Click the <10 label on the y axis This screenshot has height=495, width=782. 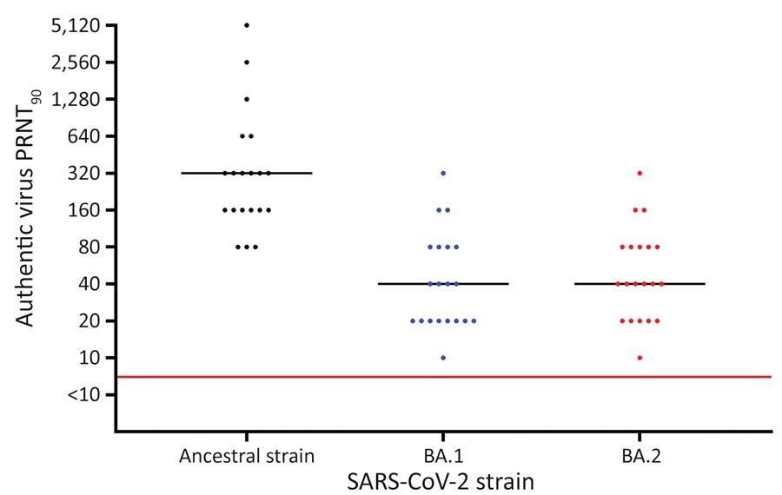(83, 395)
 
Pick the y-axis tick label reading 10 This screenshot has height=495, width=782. (88, 358)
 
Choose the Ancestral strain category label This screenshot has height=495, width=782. (247, 455)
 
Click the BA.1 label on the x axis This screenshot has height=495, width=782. (443, 455)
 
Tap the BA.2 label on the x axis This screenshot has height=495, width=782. (640, 455)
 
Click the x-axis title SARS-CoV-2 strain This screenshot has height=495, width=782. (443, 478)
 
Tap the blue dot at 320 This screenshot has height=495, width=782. (443, 173)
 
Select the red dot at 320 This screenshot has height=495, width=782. (640, 173)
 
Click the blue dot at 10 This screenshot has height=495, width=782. (443, 358)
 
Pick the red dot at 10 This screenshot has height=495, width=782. (640, 358)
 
